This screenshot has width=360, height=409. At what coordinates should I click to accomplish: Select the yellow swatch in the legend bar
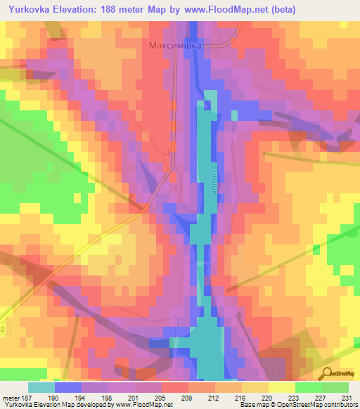(x=281, y=387)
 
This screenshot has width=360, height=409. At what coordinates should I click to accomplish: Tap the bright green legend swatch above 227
(x=308, y=387)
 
